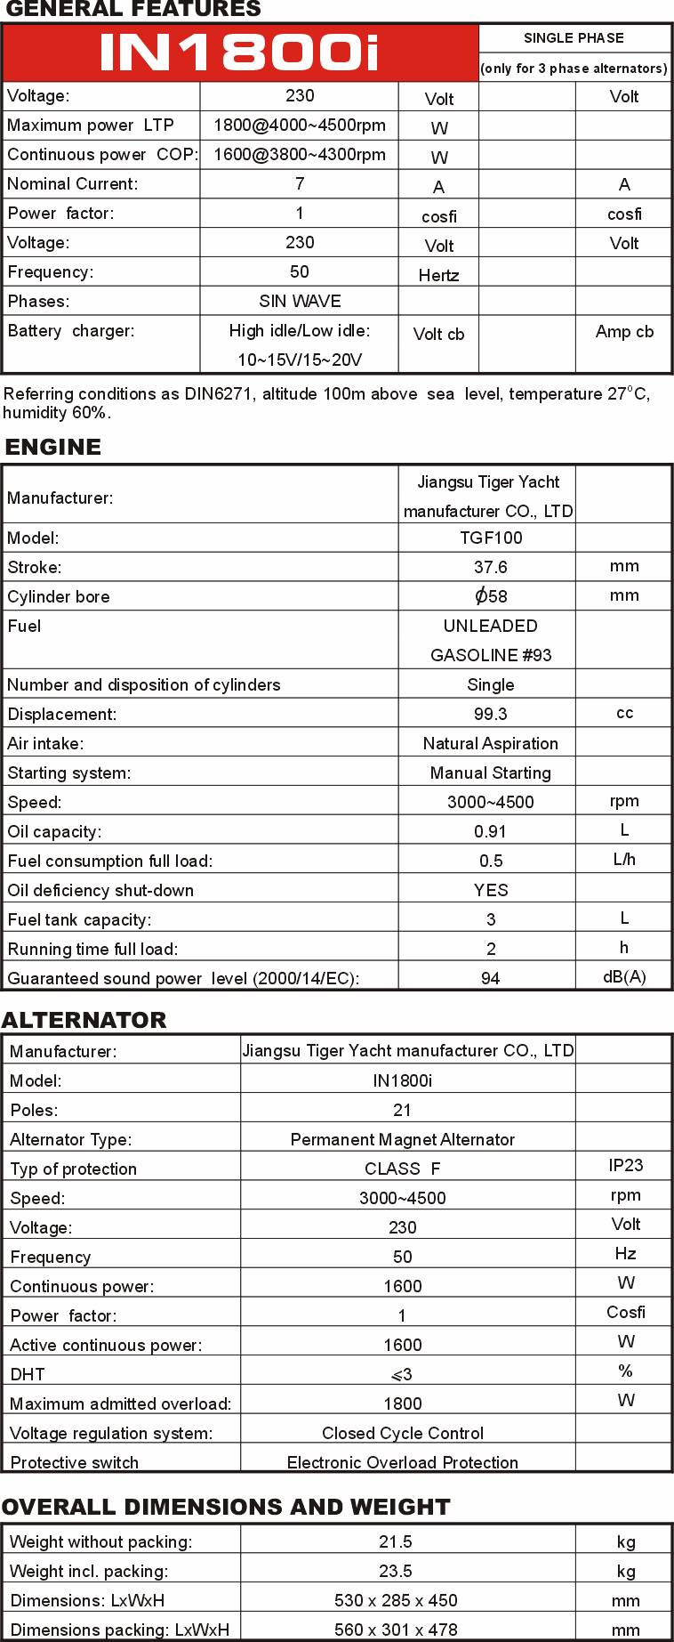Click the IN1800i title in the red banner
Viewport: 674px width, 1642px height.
click(x=239, y=53)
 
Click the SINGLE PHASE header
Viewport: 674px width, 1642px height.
click(x=574, y=38)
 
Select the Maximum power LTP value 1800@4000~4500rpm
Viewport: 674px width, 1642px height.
click(x=300, y=125)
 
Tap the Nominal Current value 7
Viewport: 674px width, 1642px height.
click(x=300, y=184)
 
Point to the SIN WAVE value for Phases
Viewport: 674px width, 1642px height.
click(x=300, y=302)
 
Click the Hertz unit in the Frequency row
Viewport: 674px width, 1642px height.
click(x=438, y=276)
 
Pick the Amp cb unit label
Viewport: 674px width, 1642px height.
click(x=624, y=332)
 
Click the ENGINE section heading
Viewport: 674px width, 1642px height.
click(x=53, y=447)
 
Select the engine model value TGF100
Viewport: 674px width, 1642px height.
click(x=491, y=538)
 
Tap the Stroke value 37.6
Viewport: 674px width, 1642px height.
click(x=491, y=567)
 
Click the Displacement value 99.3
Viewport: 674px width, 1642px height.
click(x=491, y=714)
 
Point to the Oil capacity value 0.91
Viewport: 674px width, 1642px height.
click(x=491, y=831)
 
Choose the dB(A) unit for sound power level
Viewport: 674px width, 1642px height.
click(x=624, y=977)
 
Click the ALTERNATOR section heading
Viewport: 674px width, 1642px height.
click(x=84, y=1020)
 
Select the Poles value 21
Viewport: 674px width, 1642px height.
click(x=402, y=1110)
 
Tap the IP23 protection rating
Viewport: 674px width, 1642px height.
click(x=625, y=1166)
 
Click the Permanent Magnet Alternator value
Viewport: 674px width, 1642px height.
click(x=402, y=1139)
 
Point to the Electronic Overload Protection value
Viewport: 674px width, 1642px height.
click(x=402, y=1462)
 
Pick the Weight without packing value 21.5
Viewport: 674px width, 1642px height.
click(x=396, y=1541)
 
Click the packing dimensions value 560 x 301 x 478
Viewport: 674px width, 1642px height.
click(x=396, y=1630)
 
